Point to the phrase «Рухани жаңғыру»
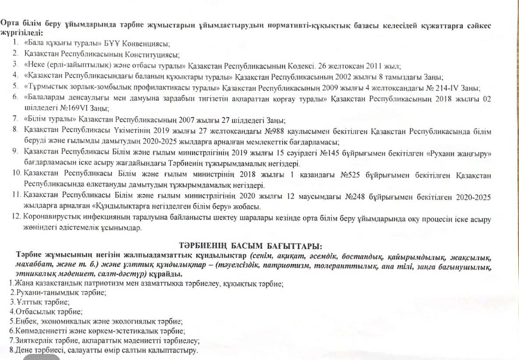click(459, 154)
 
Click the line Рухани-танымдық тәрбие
click(58, 292)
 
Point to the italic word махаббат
click(35, 265)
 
